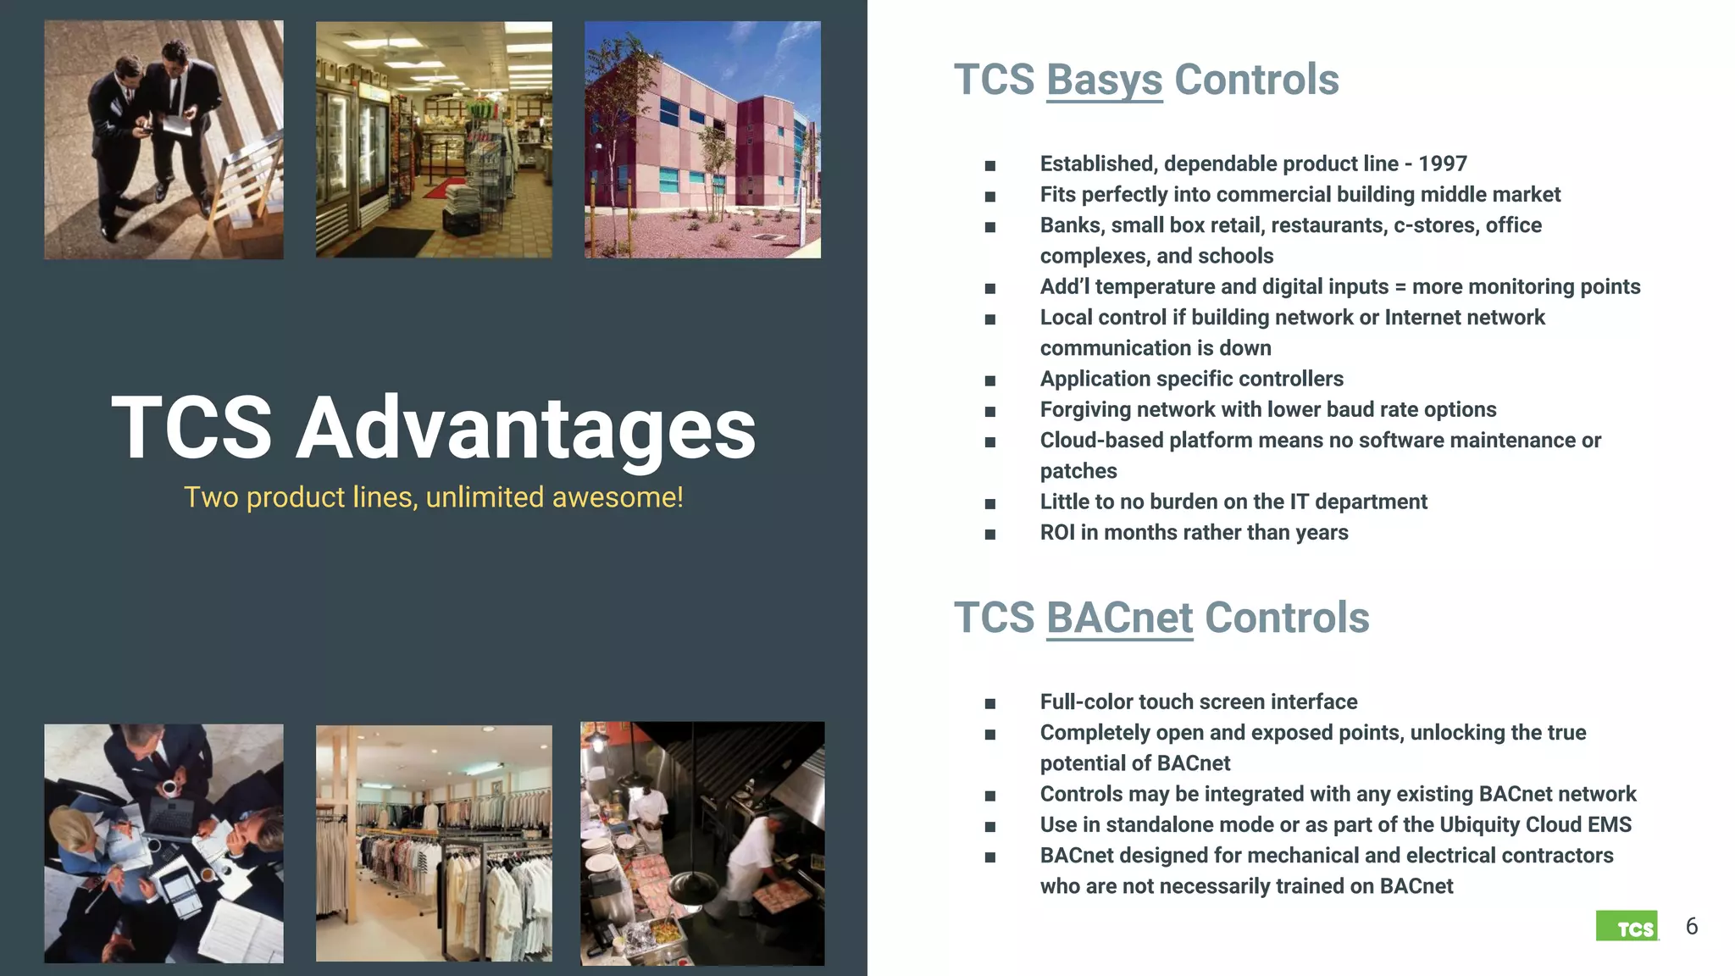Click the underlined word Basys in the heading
click(x=1104, y=80)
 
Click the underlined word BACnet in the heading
click(x=1119, y=618)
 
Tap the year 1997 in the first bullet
click(x=1442, y=164)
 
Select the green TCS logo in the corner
click(x=1627, y=926)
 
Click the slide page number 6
click(x=1691, y=926)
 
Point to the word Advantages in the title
click(x=525, y=428)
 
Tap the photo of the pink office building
click(x=702, y=140)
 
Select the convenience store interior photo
click(x=434, y=140)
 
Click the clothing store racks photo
click(x=434, y=843)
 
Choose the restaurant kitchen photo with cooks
click(x=702, y=843)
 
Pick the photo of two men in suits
click(x=164, y=140)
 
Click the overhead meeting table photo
click(x=164, y=843)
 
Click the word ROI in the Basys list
click(x=1056, y=533)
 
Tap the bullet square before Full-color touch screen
click(x=989, y=703)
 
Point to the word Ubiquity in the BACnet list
click(x=1479, y=824)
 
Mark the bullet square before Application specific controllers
click(x=989, y=380)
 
